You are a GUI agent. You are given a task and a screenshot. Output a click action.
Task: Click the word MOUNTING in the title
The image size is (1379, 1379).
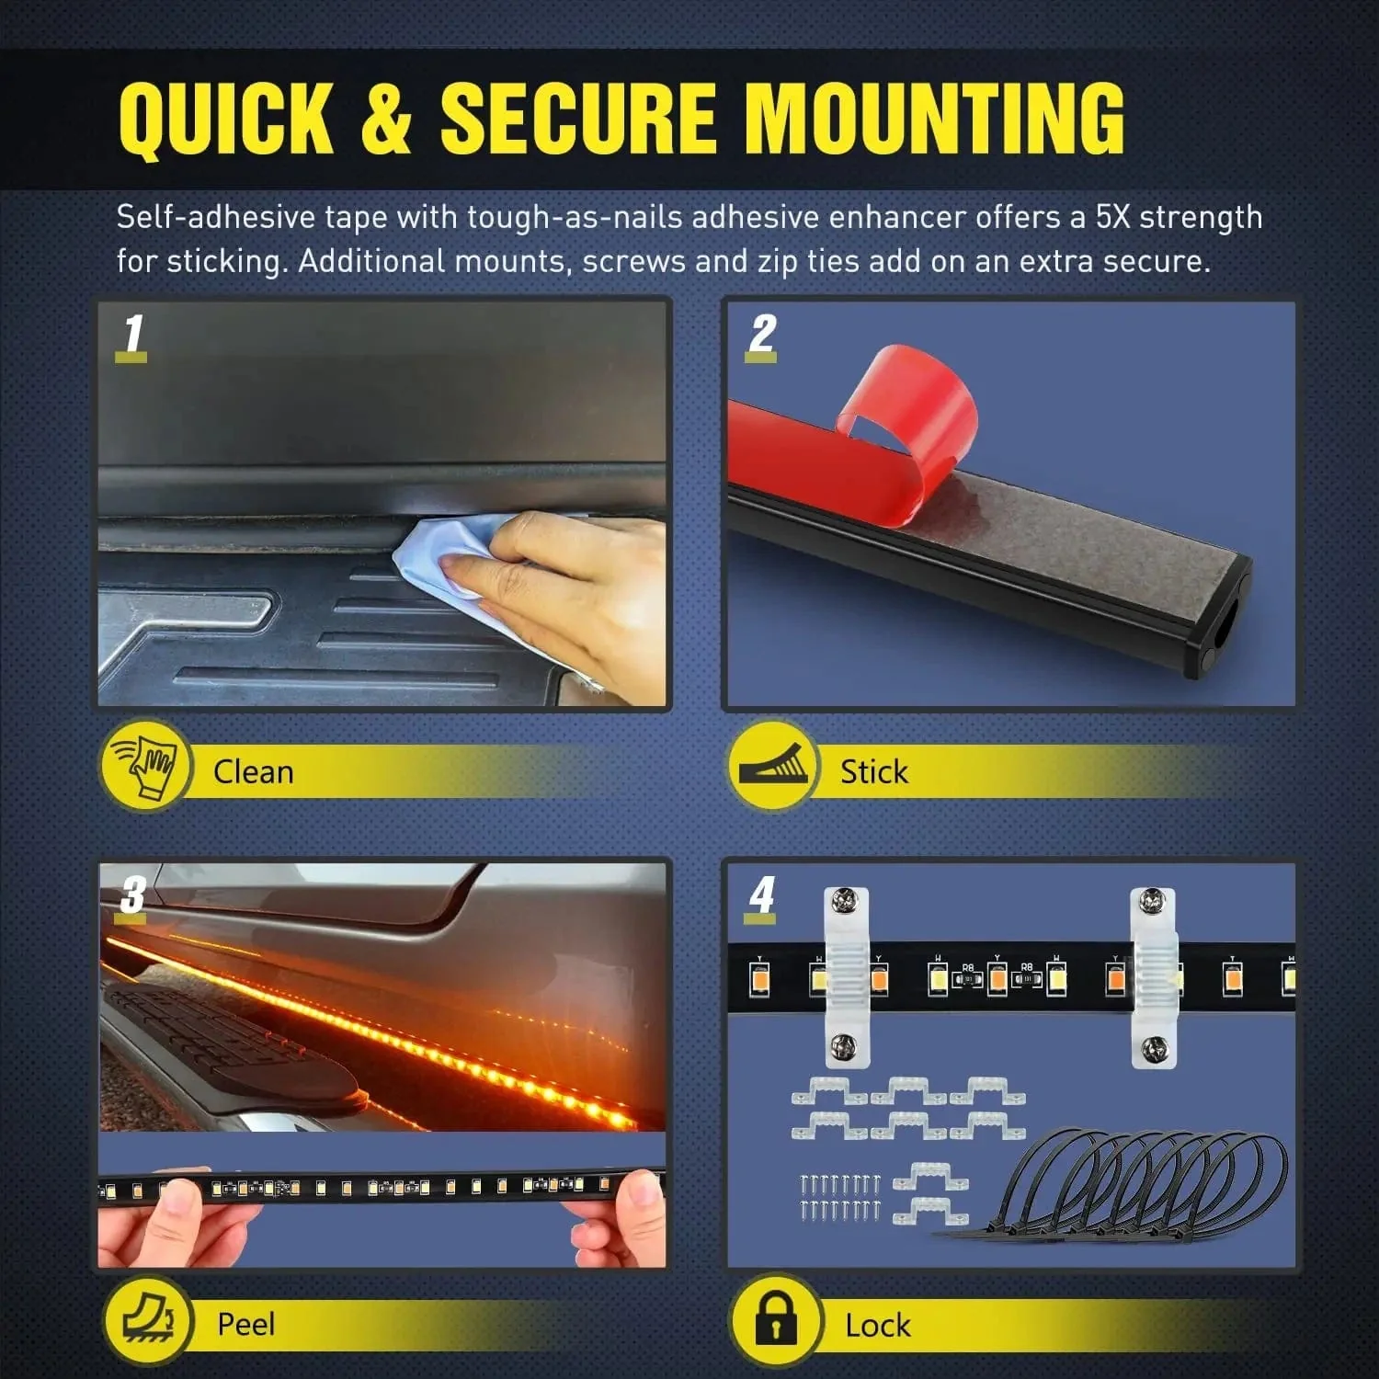pyautogui.click(x=933, y=118)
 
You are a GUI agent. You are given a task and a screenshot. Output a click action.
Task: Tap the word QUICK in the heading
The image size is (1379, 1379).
pyautogui.click(x=225, y=118)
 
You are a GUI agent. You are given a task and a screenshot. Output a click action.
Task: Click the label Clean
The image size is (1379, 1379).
pyautogui.click(x=253, y=771)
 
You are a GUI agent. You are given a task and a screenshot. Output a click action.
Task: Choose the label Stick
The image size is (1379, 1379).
pyautogui.click(x=873, y=771)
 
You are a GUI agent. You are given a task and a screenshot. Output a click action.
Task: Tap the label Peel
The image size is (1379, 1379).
pyautogui.click(x=245, y=1324)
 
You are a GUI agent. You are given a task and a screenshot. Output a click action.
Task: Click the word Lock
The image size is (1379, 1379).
pyautogui.click(x=877, y=1326)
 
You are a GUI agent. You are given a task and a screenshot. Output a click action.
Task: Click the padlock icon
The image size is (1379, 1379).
pyautogui.click(x=775, y=1321)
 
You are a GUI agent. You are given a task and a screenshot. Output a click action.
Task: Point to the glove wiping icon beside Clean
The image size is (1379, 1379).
pyautogui.click(x=144, y=767)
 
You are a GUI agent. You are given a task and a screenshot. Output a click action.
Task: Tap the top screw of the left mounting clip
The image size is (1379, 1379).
pyautogui.click(x=845, y=903)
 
